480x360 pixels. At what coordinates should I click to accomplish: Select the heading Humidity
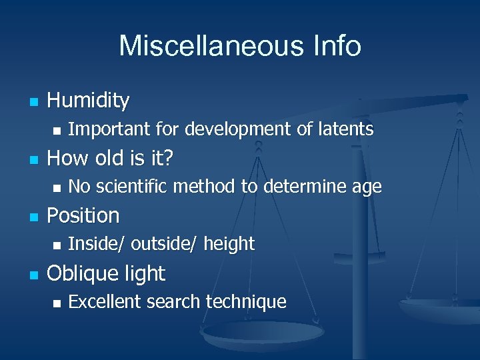pyautogui.click(x=88, y=101)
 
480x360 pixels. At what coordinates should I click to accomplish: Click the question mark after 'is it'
pyautogui.click(x=169, y=158)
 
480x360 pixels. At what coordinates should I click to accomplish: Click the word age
pyautogui.click(x=367, y=188)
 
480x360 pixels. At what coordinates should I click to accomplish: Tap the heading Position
pyautogui.click(x=83, y=215)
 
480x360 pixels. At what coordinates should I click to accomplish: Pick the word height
pyautogui.click(x=229, y=245)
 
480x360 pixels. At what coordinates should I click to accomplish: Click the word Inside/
pyautogui.click(x=97, y=245)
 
